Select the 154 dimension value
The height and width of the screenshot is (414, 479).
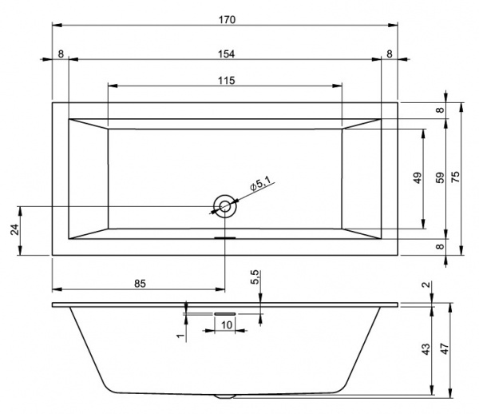(227, 53)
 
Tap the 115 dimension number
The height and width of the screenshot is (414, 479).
(226, 80)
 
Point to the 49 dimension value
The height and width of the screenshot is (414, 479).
(417, 178)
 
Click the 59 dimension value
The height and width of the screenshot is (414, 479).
(438, 178)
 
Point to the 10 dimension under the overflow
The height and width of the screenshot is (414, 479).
(227, 325)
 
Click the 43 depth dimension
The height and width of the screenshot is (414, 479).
(426, 349)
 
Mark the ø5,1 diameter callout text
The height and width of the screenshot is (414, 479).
(261, 184)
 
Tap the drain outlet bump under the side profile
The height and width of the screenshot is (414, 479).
(225, 396)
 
